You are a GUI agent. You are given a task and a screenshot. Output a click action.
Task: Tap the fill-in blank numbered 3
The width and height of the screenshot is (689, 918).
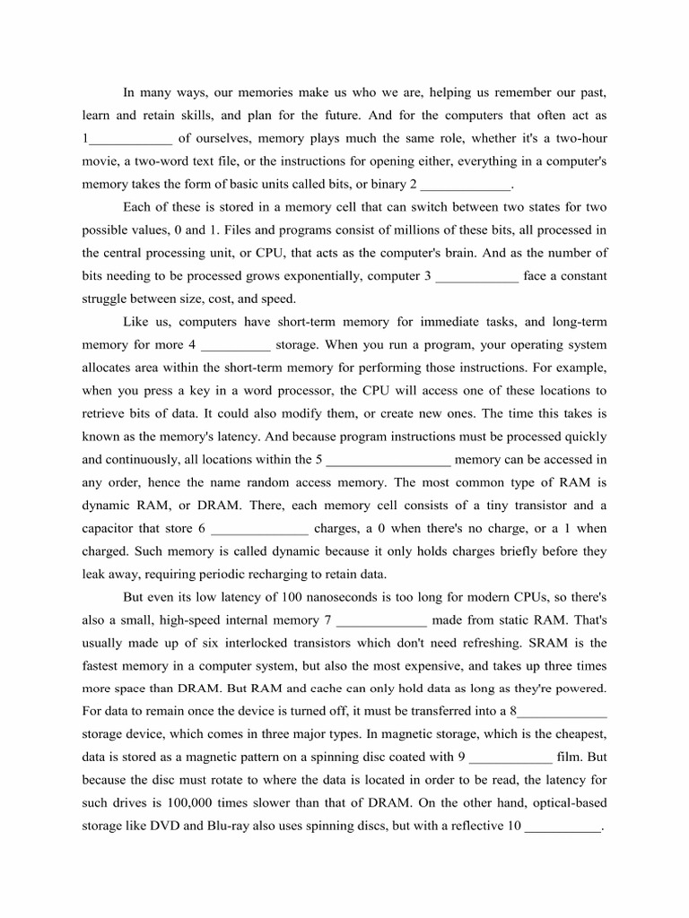point(476,276)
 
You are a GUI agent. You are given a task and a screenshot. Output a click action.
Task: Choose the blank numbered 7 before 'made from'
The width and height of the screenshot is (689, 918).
point(383,619)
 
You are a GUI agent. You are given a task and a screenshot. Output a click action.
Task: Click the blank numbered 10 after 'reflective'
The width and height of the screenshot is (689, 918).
point(563,826)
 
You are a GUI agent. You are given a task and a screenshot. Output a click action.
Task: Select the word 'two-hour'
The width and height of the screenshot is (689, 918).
point(581,139)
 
